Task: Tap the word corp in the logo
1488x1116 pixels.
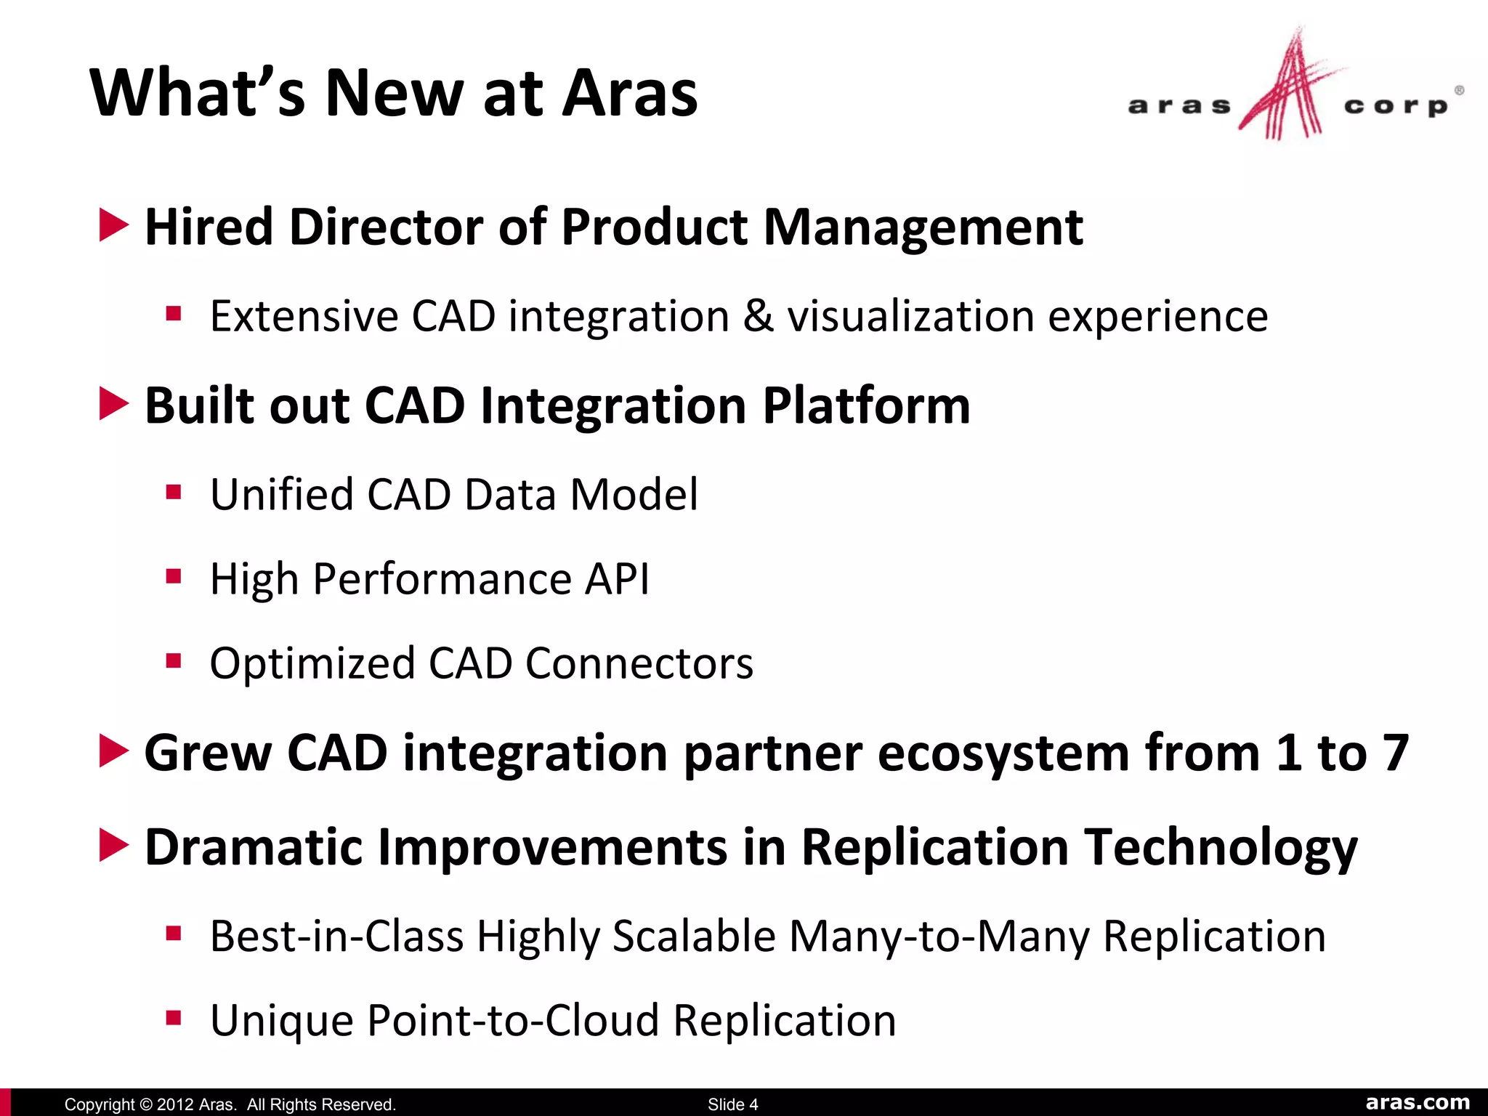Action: coord(1395,106)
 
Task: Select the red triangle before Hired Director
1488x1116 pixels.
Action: coord(113,225)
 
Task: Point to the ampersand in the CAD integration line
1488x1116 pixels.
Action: coord(759,316)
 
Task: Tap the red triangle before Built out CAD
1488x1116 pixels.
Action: coord(113,403)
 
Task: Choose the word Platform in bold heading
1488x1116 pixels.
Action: coord(866,405)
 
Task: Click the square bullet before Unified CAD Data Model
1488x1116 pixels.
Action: coord(173,493)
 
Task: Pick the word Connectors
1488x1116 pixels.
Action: coord(639,663)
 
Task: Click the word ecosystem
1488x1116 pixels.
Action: coord(1003,753)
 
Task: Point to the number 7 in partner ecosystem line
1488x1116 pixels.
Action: coord(1396,753)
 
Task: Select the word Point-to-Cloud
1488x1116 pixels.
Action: coord(513,1020)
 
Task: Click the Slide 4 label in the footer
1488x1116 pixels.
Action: coord(732,1104)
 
